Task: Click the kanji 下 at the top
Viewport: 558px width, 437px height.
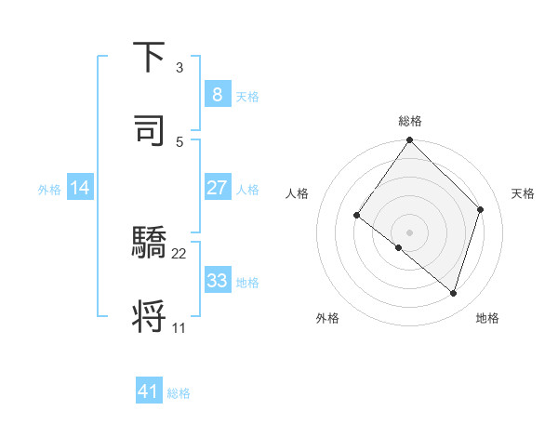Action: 149,58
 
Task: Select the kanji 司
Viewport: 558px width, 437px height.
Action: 149,131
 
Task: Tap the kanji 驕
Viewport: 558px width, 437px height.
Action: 149,244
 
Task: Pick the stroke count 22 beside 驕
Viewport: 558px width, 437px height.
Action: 179,253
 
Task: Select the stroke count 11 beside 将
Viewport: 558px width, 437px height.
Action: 179,327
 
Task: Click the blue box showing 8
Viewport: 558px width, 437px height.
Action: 217,95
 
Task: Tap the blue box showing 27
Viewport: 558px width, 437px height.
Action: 217,188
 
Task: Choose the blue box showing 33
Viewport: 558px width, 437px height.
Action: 217,281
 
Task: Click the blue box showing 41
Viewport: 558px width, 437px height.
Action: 149,391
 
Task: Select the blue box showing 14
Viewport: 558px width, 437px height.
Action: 80,188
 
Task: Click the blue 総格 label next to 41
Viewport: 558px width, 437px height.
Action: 179,393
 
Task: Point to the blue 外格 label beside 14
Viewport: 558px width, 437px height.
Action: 49,189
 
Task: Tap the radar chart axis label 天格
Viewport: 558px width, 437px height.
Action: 523,193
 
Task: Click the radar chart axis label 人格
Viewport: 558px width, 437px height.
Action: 298,193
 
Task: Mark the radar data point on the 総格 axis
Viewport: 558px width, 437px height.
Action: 409,140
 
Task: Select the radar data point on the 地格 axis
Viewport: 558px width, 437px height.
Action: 454,293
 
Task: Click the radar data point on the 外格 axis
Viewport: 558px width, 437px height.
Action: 399,247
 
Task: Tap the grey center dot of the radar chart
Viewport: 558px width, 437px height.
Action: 409,232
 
